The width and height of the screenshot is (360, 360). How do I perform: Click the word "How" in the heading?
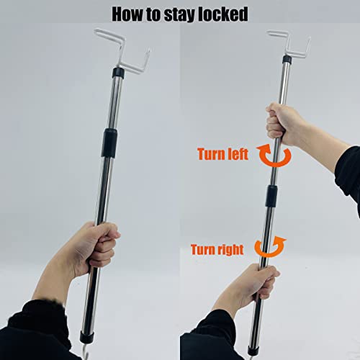[x=128, y=14]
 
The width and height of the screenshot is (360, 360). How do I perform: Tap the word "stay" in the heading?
[x=177, y=15]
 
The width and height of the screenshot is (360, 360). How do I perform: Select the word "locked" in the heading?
[x=221, y=14]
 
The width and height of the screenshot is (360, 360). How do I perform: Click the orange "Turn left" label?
[x=222, y=154]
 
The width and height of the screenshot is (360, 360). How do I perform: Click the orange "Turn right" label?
[x=217, y=250]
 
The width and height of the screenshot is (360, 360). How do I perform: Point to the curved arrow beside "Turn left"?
[x=275, y=163]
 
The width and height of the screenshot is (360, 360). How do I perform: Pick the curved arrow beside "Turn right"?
[x=269, y=254]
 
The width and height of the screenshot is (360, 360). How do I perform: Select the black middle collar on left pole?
[x=109, y=143]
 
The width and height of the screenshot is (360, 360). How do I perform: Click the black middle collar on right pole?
[x=271, y=196]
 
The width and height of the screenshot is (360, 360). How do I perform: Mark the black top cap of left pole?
[x=118, y=73]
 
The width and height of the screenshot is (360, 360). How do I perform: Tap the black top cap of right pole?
[x=287, y=59]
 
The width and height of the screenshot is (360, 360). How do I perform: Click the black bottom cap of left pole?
[x=86, y=336]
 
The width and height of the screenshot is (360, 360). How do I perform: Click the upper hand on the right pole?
[x=282, y=124]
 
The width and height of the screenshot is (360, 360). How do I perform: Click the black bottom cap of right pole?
[x=253, y=350]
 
